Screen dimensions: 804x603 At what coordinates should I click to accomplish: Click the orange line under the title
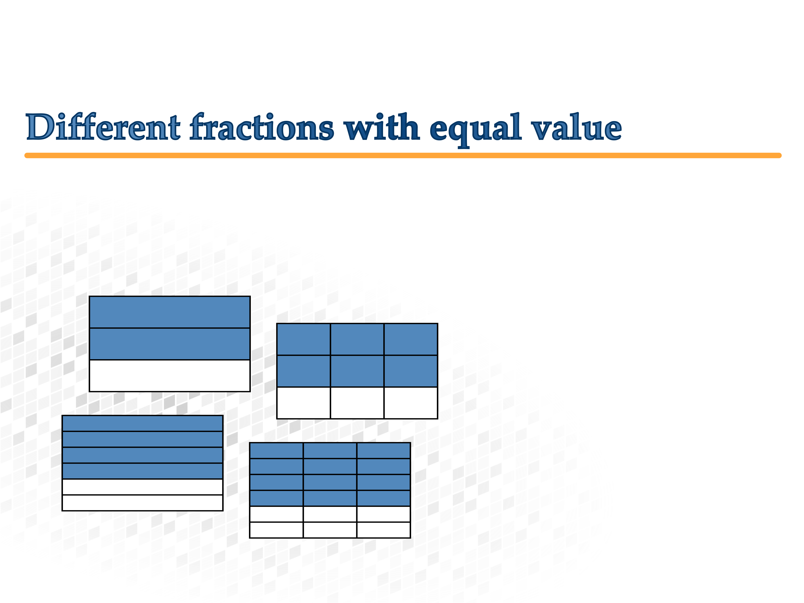(403, 155)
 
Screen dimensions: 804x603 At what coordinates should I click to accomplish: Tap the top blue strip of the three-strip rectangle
(170, 312)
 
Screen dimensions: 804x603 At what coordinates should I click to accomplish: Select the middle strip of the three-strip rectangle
(170, 344)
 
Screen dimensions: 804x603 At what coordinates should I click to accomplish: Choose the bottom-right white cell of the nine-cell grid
(411, 403)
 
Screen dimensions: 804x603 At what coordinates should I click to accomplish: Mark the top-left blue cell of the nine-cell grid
(303, 339)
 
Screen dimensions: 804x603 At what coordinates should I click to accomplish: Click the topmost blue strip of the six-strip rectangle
(143, 424)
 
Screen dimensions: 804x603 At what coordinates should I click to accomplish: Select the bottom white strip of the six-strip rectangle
(143, 503)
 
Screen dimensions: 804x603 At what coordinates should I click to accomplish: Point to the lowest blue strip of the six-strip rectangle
(143, 471)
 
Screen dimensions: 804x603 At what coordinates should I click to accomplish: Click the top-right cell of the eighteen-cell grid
(384, 451)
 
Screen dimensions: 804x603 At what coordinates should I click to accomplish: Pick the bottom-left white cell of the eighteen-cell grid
(277, 530)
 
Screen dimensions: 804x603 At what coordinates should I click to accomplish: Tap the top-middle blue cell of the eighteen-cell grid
(330, 451)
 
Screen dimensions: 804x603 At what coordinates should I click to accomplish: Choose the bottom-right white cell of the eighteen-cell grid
(384, 530)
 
